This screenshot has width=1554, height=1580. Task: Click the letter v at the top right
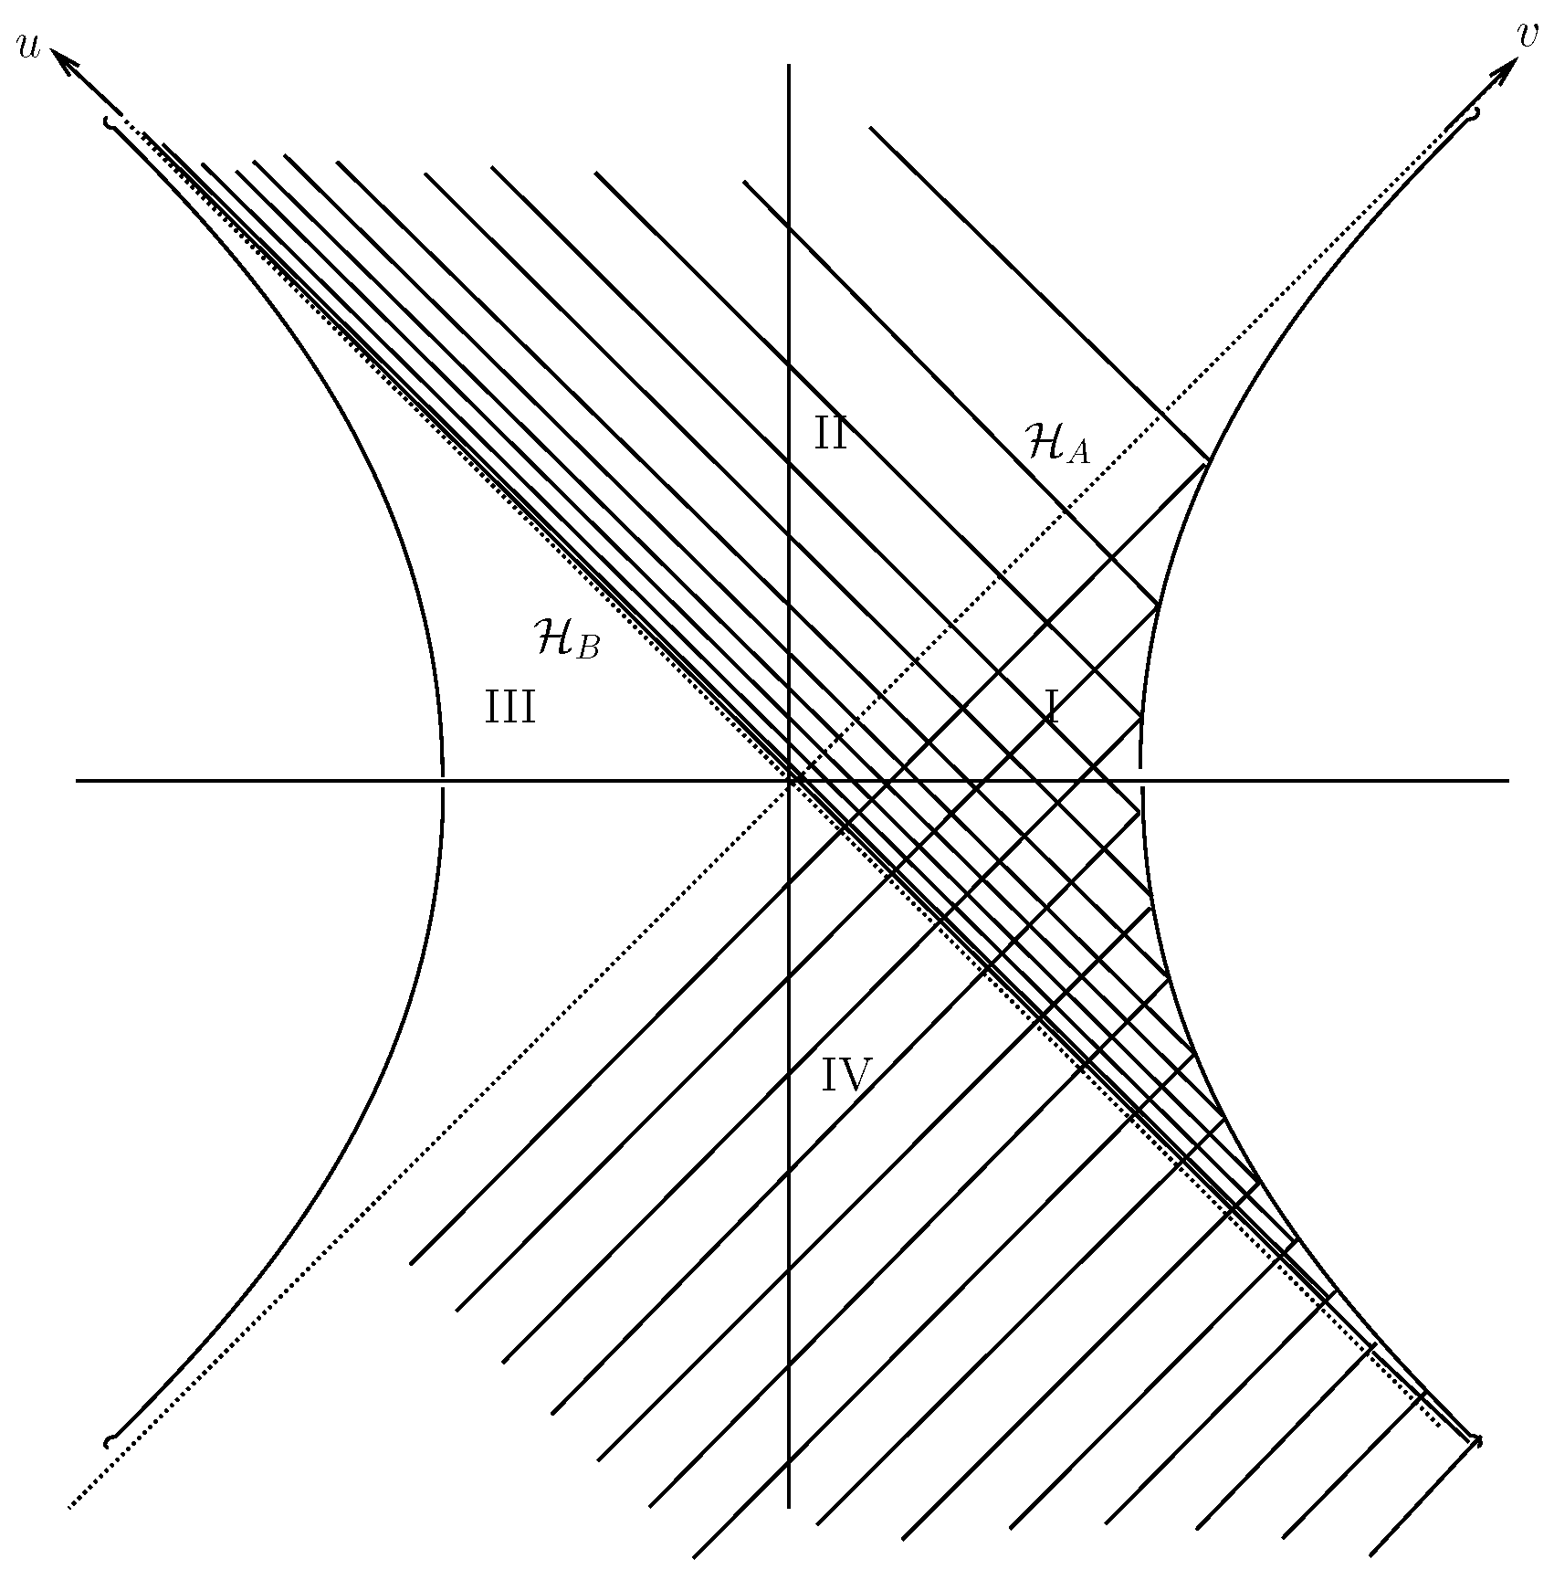coord(1525,34)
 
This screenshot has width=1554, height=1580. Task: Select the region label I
coord(1053,707)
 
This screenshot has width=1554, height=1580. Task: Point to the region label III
coord(509,708)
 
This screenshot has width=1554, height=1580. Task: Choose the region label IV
coord(847,1075)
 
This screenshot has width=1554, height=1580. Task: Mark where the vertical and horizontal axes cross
coord(789,781)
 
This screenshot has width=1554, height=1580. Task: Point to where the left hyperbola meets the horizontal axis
coord(443,781)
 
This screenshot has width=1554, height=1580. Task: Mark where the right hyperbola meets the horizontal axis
coord(1140,781)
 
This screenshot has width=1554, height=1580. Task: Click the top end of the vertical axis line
coord(789,66)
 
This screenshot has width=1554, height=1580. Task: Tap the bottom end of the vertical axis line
coord(789,1507)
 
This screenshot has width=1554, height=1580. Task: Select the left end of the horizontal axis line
coord(77,781)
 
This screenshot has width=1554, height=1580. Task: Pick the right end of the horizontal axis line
coord(1507,781)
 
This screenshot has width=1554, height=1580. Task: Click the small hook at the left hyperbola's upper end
coord(110,121)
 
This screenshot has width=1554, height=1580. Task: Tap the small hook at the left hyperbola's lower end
coord(110,1440)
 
